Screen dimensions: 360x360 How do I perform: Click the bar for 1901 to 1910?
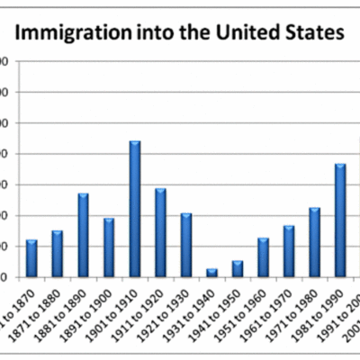click(135, 209)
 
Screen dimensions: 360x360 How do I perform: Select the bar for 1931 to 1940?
click(212, 273)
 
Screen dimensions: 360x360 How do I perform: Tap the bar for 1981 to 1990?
click(340, 220)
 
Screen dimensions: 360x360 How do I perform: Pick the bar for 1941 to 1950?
click(238, 268)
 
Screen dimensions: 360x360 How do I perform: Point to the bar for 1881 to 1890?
click(83, 235)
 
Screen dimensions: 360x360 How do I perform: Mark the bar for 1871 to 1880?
click(57, 254)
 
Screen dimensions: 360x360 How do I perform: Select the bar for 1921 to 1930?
click(186, 245)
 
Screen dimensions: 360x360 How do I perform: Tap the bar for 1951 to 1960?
click(263, 257)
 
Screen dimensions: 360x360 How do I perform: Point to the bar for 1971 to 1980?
click(314, 242)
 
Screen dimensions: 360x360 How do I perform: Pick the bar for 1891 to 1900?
click(109, 247)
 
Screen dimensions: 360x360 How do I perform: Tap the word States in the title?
click(316, 34)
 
